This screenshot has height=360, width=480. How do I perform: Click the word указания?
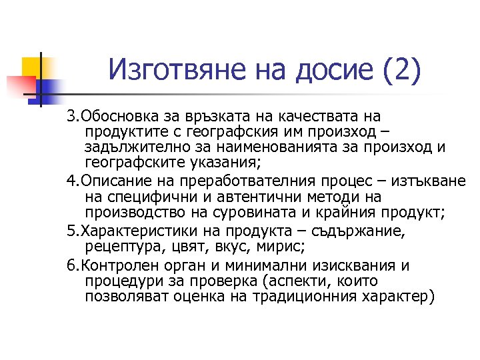tap(223, 162)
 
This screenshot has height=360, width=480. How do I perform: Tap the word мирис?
tap(282, 247)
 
